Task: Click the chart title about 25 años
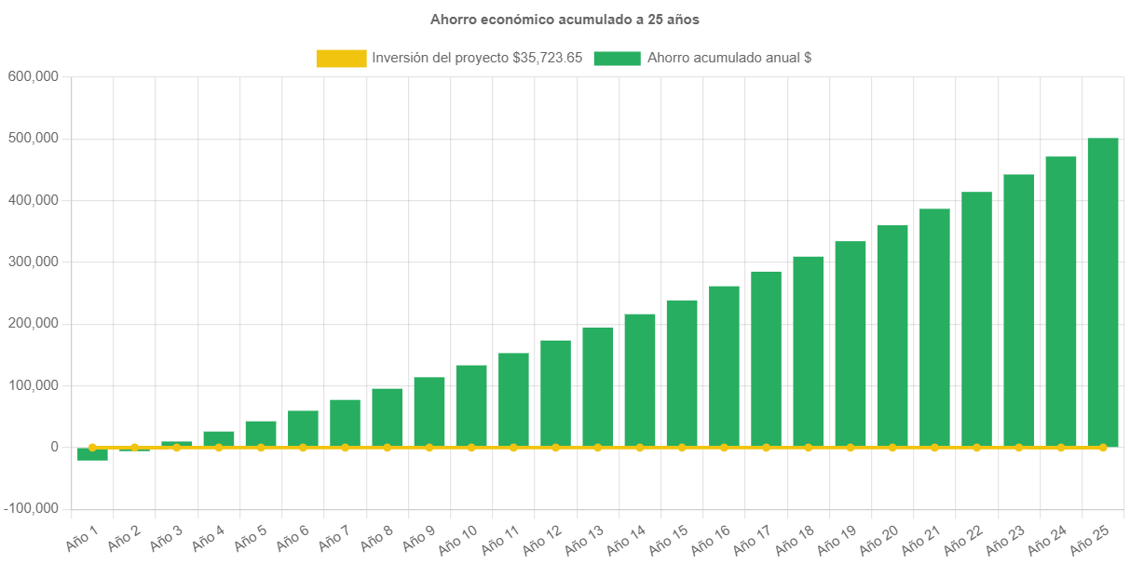[x=565, y=20]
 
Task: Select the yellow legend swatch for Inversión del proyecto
[x=341, y=59]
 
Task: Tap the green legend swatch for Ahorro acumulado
[x=617, y=59]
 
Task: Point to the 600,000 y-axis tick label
[x=34, y=76]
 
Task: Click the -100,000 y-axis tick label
[x=31, y=508]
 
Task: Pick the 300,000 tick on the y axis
[x=34, y=262]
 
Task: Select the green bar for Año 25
[x=1103, y=292]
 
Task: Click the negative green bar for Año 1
[x=92, y=454]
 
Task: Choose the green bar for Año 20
[x=892, y=335]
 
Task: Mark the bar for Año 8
[x=387, y=417]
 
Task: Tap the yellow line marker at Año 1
[x=92, y=448]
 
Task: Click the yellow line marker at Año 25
[x=1103, y=448]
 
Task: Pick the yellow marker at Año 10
[x=471, y=448]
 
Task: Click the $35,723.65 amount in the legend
[x=548, y=59]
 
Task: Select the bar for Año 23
[x=1018, y=310]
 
